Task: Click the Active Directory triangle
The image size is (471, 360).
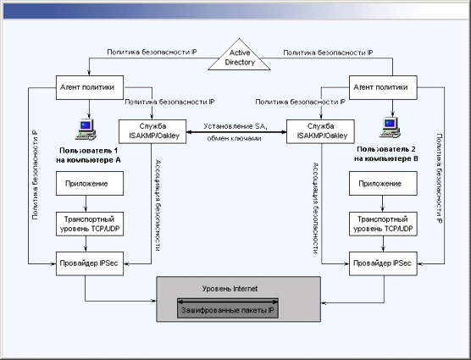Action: click(x=239, y=57)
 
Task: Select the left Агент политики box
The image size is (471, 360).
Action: click(x=90, y=88)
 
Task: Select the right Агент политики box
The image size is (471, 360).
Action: click(x=383, y=88)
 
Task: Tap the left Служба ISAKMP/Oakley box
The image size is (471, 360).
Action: click(x=152, y=131)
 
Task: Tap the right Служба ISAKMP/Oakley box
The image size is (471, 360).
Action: click(x=320, y=131)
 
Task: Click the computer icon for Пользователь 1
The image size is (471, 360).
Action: click(x=86, y=130)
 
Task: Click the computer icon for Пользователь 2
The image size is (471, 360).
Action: click(x=390, y=128)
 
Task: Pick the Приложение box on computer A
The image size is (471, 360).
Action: click(x=90, y=184)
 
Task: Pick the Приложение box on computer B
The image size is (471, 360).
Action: click(x=383, y=184)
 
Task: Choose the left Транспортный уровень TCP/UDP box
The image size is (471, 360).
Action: click(x=90, y=224)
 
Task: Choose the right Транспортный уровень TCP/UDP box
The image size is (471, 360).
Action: click(x=383, y=224)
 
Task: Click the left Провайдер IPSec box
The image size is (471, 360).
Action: click(x=90, y=263)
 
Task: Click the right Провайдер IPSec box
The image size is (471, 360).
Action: click(x=383, y=263)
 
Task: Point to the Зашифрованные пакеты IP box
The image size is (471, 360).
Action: click(x=228, y=308)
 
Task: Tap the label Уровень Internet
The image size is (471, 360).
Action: click(x=230, y=289)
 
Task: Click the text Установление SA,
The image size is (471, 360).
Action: click(x=235, y=126)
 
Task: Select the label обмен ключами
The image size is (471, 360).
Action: click(x=234, y=138)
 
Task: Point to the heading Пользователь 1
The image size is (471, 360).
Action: click(x=89, y=151)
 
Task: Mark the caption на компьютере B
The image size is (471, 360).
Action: click(x=386, y=158)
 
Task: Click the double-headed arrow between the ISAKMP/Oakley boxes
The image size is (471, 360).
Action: click(x=236, y=132)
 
